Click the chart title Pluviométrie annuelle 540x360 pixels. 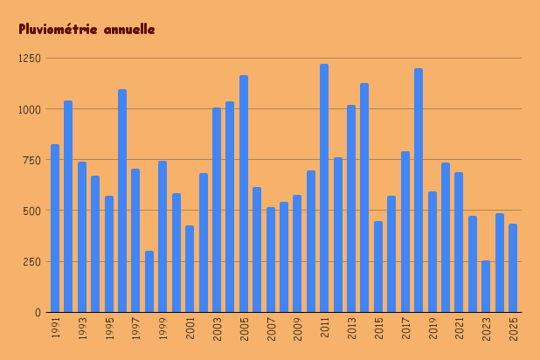(87, 30)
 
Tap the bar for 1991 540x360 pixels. (55, 228)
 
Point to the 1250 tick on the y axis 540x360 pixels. (30, 59)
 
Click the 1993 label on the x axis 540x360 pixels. (82, 328)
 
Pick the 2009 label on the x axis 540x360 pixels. (298, 328)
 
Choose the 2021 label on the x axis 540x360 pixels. (460, 328)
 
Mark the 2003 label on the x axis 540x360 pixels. (217, 328)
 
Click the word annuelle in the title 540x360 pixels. (128, 30)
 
